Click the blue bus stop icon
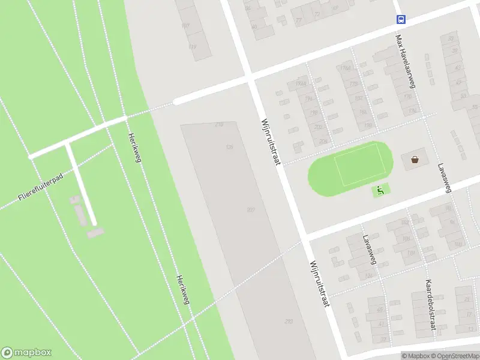pos(401,19)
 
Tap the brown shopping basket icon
pos(415,160)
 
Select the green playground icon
pos(380,191)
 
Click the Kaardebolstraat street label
pos(430,304)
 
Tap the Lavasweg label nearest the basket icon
pos(444,178)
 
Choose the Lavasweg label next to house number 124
pos(368,249)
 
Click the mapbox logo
pos(26,353)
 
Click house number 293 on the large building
pos(289,322)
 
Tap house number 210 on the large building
pos(218,124)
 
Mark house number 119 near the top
pos(193,46)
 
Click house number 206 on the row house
pos(323,142)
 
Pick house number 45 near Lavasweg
pos(379,310)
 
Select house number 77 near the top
pos(299,20)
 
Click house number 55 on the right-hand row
pos(463,96)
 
